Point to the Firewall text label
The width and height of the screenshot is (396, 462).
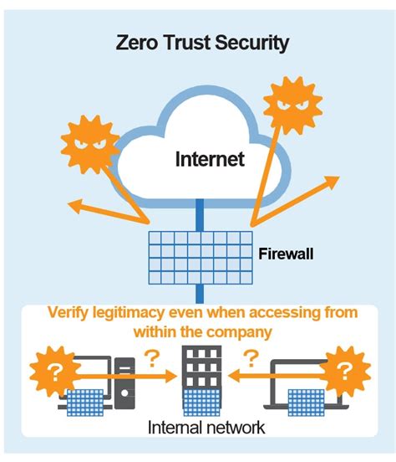click(286, 253)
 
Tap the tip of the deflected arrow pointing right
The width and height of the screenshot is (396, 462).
click(337, 178)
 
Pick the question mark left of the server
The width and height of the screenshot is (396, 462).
click(152, 358)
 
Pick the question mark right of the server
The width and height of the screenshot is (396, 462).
click(247, 358)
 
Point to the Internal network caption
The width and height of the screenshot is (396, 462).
click(206, 428)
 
